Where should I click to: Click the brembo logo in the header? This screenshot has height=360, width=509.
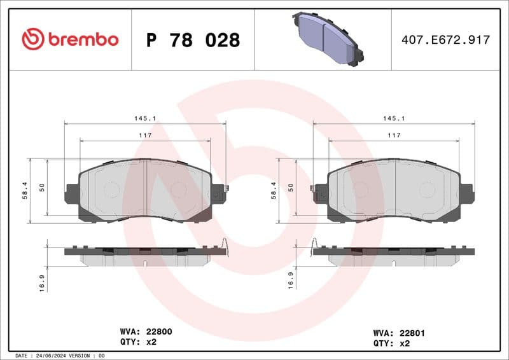[x=70, y=39]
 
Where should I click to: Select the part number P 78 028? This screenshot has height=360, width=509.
[x=193, y=40]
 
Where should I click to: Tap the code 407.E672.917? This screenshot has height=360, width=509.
[x=445, y=40]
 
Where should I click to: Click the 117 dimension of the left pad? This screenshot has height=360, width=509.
[x=145, y=135]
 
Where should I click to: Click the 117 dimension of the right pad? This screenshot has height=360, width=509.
[x=394, y=135]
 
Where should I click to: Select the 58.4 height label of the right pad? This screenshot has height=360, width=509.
[x=274, y=190]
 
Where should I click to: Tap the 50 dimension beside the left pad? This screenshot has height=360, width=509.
[x=42, y=187]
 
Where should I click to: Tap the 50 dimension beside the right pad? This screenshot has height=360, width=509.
[x=291, y=187]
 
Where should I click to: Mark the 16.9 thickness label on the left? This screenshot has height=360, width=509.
[x=42, y=280]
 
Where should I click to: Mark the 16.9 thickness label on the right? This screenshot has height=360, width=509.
[x=291, y=280]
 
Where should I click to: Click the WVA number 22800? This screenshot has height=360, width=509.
[x=159, y=331]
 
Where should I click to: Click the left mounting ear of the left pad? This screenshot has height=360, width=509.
[x=72, y=193]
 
